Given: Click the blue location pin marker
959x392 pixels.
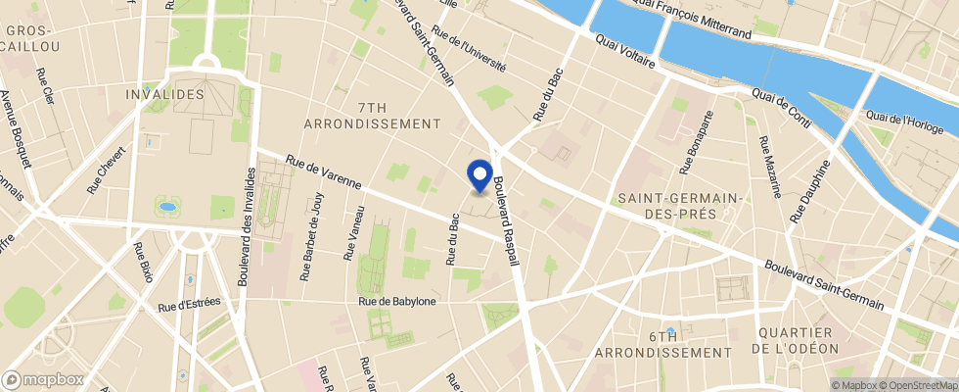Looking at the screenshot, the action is point(480,174).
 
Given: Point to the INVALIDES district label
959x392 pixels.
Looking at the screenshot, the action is point(165,94).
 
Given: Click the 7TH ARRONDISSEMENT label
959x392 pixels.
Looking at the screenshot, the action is point(373,115).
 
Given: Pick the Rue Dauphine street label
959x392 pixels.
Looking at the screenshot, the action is point(808,190).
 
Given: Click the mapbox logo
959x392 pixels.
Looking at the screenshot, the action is point(43,379).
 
